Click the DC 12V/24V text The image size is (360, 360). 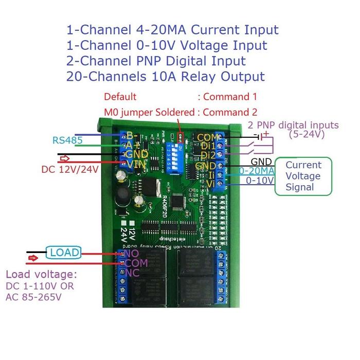(69, 168)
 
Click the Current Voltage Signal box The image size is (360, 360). (303, 176)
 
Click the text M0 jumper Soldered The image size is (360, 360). (149, 112)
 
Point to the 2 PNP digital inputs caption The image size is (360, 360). (293, 125)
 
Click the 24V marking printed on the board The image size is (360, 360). (124, 236)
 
